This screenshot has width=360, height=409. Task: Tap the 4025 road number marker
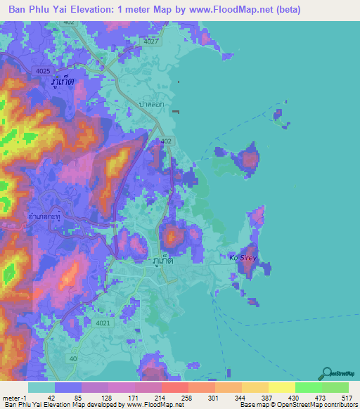point(42,71)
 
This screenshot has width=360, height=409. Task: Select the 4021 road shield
point(103,323)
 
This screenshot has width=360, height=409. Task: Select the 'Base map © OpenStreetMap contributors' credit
point(297,405)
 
